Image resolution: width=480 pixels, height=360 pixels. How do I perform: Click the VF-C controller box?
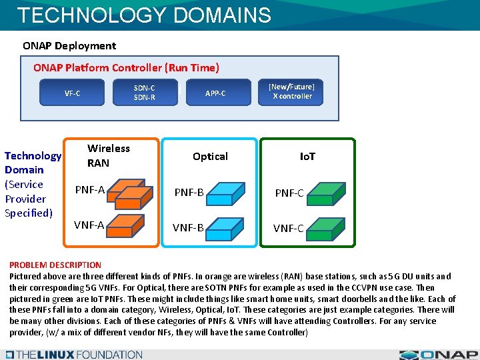tap(72, 93)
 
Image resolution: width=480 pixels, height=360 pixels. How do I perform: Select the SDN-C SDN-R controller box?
tap(144, 93)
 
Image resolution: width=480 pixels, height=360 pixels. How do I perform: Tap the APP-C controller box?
tap(215, 93)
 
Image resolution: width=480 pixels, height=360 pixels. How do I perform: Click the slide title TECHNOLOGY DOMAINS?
tap(144, 15)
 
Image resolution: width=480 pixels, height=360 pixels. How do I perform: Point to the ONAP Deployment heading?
tap(69, 46)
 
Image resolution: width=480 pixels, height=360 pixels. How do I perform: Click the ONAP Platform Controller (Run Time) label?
tap(126, 67)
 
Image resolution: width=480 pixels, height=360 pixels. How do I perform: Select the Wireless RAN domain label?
tap(108, 155)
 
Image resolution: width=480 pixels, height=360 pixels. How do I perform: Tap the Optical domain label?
tap(210, 156)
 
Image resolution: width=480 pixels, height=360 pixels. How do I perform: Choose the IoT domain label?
tap(307, 156)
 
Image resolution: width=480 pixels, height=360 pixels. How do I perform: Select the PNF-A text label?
tap(89, 190)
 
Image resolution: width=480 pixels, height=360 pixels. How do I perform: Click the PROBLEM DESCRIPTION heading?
tap(55, 265)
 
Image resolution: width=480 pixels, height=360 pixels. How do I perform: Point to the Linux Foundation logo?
tap(73, 355)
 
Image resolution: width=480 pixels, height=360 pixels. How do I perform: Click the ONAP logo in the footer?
tap(438, 355)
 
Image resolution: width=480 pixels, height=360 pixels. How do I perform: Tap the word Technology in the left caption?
tap(33, 156)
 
